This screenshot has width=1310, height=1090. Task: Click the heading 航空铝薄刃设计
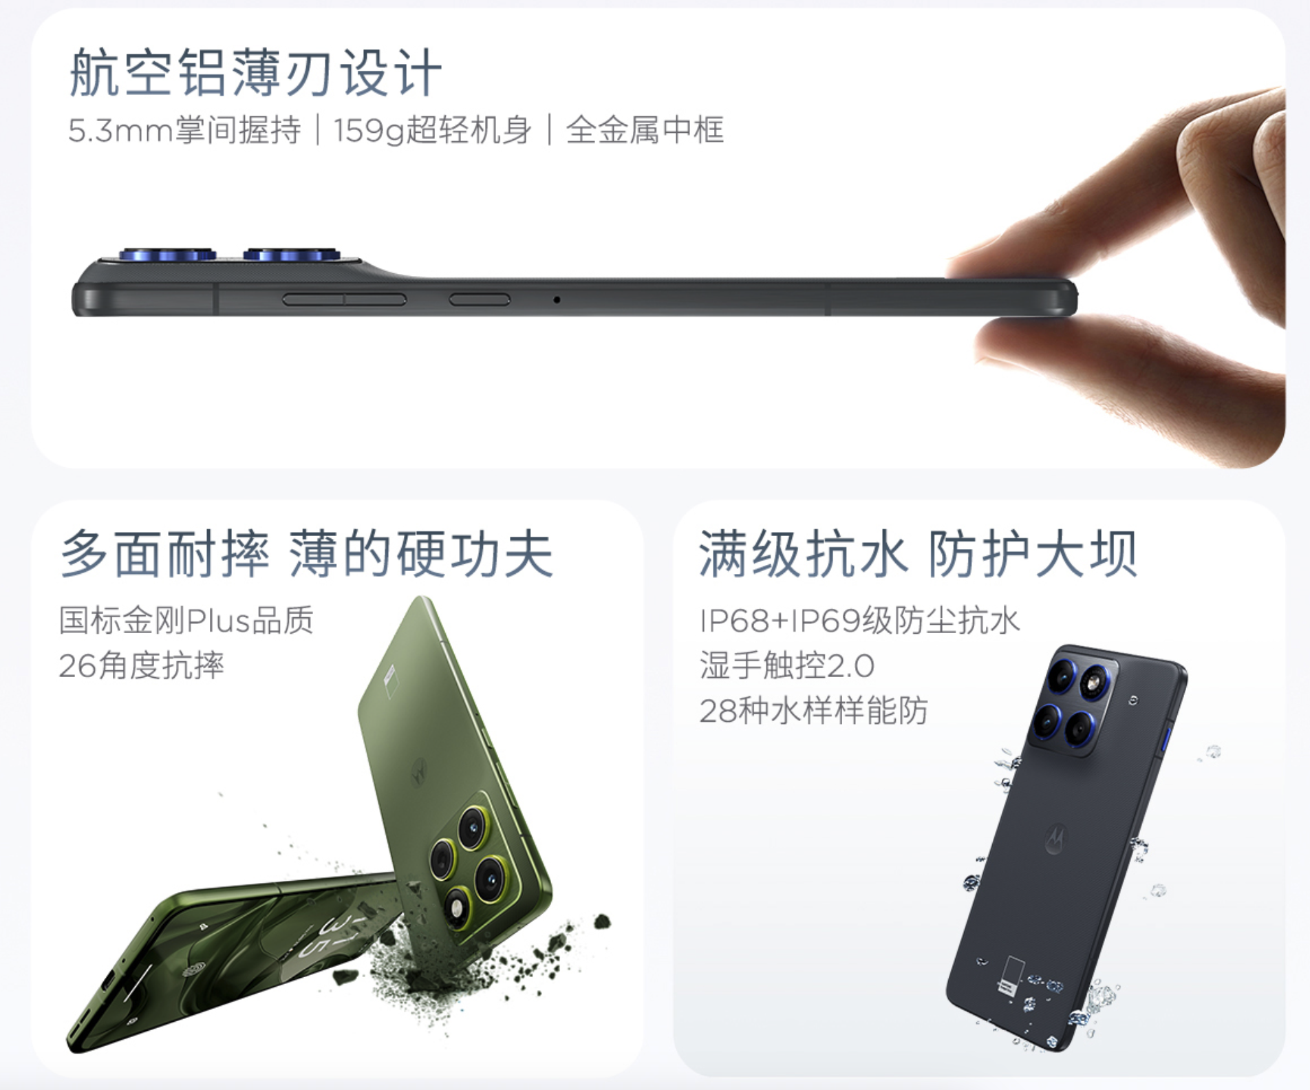tap(255, 72)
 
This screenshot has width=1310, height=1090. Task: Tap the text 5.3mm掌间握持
tap(184, 130)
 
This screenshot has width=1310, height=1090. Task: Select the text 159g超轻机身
tap(433, 130)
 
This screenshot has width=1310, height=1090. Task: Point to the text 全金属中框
tap(645, 130)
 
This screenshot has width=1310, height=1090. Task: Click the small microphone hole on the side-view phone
tap(557, 300)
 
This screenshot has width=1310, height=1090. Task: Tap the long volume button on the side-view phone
tap(344, 299)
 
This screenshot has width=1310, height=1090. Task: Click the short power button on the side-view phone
tap(480, 299)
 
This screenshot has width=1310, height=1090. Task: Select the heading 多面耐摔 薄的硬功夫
tap(307, 553)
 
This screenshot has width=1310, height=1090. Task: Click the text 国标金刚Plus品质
tap(186, 620)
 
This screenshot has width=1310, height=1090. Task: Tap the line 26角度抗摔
tap(142, 665)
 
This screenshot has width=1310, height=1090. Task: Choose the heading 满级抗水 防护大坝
tap(919, 553)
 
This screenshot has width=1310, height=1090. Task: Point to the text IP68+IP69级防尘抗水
tap(859, 620)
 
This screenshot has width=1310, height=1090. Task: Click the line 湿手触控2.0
tap(787, 665)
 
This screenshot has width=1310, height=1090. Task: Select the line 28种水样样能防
tap(814, 710)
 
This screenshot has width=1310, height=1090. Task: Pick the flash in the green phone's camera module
tap(455, 909)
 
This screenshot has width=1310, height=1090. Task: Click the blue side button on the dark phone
tap(1166, 738)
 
